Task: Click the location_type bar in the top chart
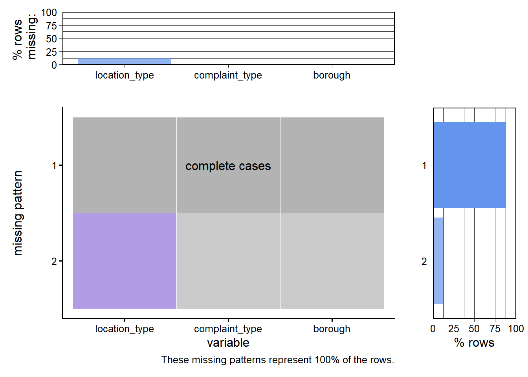125,61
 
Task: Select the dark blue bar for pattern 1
469,165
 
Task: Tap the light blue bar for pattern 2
438,261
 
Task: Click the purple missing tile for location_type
125,261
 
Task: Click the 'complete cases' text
228,166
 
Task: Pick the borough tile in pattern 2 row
332,261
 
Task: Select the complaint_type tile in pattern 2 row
228,261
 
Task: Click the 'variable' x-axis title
228,343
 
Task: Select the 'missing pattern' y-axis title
18,213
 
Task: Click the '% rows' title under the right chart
474,343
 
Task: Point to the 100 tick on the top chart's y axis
49,13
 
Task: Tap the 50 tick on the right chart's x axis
474,329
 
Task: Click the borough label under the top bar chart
332,75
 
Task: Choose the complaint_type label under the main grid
228,329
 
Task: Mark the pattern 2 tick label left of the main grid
54,261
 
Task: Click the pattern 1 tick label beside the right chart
424,166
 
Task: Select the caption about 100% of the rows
277,360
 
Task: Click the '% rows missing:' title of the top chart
24,38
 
